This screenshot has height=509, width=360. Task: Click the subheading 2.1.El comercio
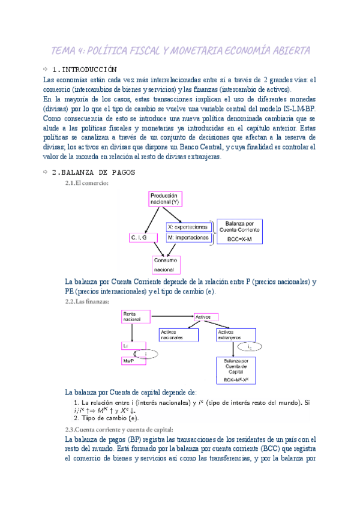click(87, 183)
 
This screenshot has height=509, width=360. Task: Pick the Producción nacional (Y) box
click(165, 199)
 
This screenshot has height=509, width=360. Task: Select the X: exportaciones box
click(189, 227)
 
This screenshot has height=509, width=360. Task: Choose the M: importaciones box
click(189, 238)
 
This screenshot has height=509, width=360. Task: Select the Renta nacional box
click(136, 316)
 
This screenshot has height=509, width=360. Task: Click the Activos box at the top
click(203, 315)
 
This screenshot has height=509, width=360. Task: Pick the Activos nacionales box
click(177, 334)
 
